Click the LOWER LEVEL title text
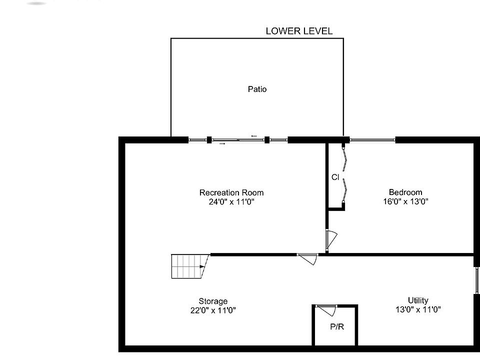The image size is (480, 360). [x=299, y=31]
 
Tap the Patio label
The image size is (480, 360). [x=257, y=89]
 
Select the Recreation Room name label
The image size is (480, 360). [x=231, y=192]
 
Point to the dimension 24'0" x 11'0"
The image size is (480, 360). [x=231, y=202]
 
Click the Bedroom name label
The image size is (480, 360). [x=405, y=192]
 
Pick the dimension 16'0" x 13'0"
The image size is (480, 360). [x=405, y=201]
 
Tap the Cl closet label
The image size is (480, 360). [x=335, y=177]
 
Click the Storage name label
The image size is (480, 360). [x=213, y=301]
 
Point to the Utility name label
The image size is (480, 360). [x=418, y=300]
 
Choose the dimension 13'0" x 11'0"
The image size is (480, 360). [x=418, y=309]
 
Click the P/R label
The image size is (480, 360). [x=337, y=327]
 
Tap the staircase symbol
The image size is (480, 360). [x=189, y=266]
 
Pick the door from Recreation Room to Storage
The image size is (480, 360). [x=308, y=258]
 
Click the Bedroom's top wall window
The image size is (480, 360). [x=372, y=140]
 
